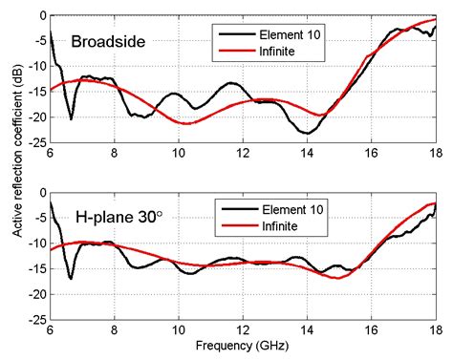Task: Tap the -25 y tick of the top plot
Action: tap(36, 144)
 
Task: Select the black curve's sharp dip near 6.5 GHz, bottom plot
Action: tap(71, 279)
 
